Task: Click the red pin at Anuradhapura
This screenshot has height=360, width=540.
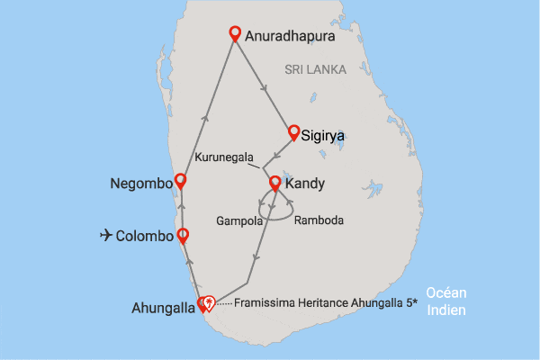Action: pos(235,34)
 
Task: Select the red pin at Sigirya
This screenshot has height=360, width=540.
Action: pos(293,132)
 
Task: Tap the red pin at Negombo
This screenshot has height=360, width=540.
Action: pos(180,181)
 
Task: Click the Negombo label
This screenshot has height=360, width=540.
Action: pos(140,184)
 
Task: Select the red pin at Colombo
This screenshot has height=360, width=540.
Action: pos(183,236)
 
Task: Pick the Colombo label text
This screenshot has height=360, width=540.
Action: pos(147,238)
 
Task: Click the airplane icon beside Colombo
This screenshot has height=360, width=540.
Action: pos(107,237)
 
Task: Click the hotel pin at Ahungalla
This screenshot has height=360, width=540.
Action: pos(209,303)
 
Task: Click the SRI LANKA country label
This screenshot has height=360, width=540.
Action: pos(314,69)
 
